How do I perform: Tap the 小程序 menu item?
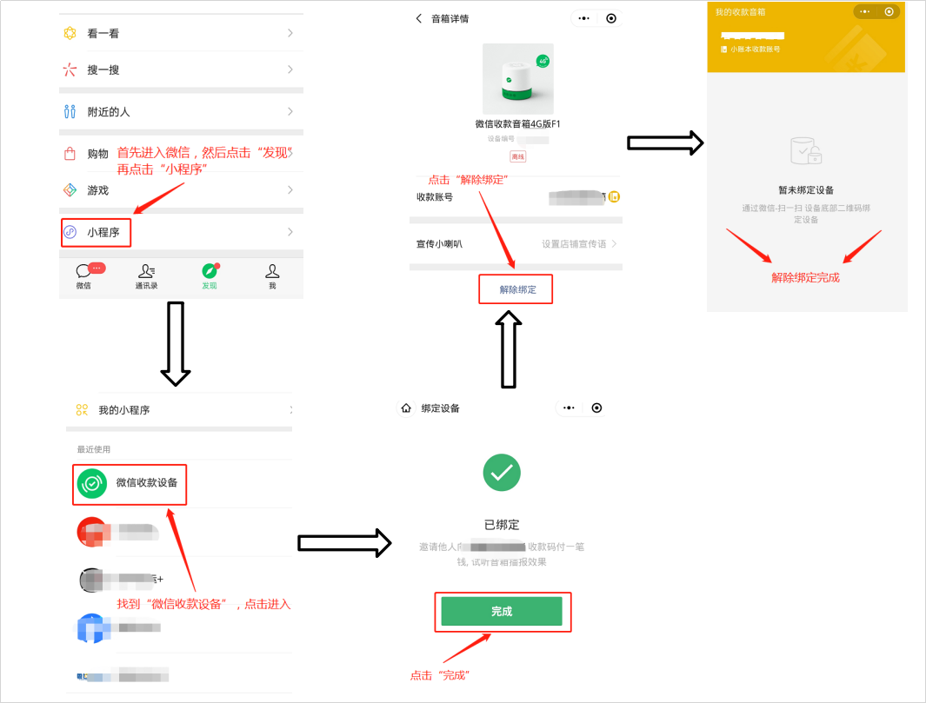tap(103, 233)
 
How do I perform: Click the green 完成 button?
tap(502, 612)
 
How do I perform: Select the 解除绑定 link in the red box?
tap(517, 289)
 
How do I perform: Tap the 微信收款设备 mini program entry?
tap(146, 482)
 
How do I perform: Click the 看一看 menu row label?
tap(103, 34)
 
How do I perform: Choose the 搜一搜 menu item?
tap(103, 70)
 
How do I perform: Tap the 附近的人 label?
tap(109, 112)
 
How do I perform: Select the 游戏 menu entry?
tap(97, 190)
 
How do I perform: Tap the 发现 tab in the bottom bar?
tap(209, 275)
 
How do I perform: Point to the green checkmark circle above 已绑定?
tap(502, 473)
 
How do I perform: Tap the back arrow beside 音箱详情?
tap(418, 18)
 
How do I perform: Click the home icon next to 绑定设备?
tap(406, 408)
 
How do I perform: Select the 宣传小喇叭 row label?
tap(439, 244)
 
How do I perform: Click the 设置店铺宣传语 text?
tap(574, 244)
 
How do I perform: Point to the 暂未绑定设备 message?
tap(806, 189)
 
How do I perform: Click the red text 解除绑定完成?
tap(805, 278)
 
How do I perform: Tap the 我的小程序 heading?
tap(123, 410)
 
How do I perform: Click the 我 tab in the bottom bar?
tap(272, 275)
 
